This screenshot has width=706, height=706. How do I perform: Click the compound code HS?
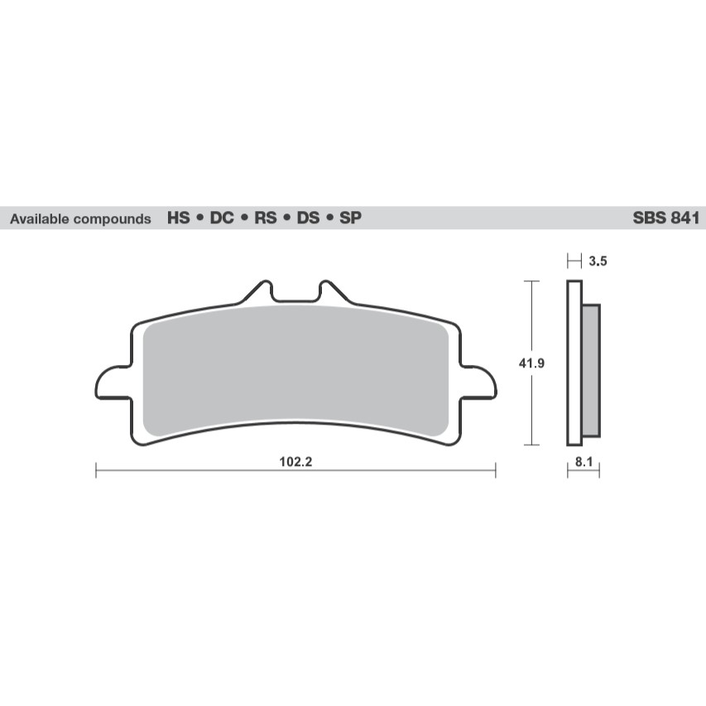[178, 219]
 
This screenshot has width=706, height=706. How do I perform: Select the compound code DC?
[221, 219]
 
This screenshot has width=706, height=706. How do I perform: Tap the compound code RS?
[265, 219]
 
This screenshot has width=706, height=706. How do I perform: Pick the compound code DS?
[308, 219]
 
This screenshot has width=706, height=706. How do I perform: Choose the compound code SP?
[350, 219]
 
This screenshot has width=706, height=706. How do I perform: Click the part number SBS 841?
[666, 219]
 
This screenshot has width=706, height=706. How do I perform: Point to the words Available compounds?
[80, 220]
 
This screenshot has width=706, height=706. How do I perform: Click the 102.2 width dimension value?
[295, 461]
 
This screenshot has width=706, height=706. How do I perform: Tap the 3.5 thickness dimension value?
[598, 262]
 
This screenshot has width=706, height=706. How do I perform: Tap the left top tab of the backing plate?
[261, 292]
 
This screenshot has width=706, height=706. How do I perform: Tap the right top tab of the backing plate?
[330, 292]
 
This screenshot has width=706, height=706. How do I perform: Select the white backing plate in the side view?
[573, 362]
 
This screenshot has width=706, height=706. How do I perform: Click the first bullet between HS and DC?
[199, 220]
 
